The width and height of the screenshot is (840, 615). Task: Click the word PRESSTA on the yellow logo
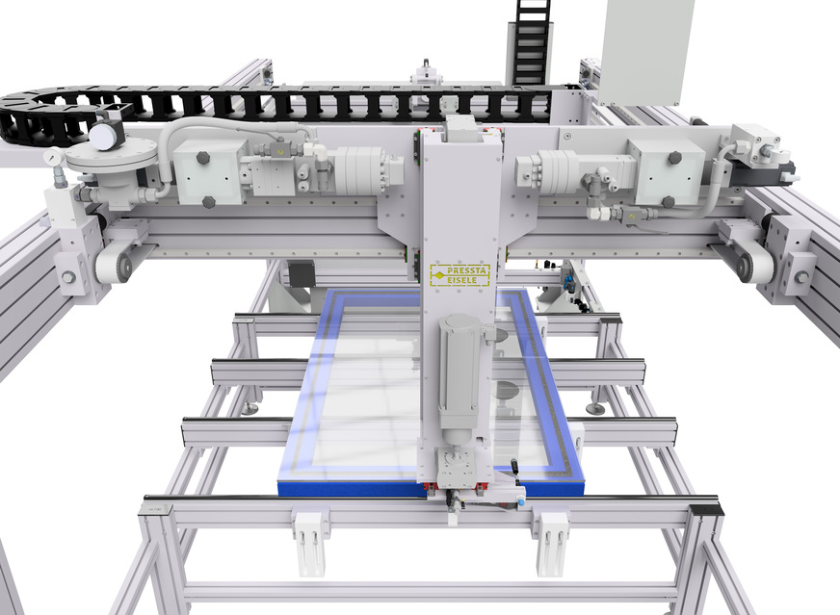(x=466, y=270)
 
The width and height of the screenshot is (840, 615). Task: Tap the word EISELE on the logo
(x=461, y=280)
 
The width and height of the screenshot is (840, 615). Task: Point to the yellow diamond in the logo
(x=438, y=275)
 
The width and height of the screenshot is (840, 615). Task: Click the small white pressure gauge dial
(x=51, y=157)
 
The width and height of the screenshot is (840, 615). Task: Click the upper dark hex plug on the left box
(x=203, y=158)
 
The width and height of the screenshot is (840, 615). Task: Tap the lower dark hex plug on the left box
(x=208, y=202)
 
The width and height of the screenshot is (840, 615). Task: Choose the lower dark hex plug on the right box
(x=668, y=202)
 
